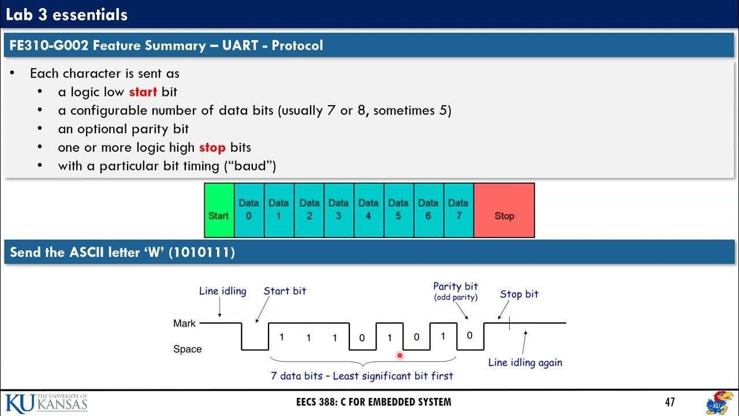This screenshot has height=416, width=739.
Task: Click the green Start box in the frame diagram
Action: (x=219, y=210)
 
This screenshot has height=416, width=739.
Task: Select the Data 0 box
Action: (x=249, y=210)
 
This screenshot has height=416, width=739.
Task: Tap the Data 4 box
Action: (x=368, y=210)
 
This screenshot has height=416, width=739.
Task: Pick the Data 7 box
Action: (x=458, y=210)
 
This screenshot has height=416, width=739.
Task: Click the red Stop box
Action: (x=504, y=210)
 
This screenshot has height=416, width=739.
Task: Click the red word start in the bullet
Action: (x=143, y=92)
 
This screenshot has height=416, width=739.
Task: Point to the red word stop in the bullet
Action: (x=212, y=147)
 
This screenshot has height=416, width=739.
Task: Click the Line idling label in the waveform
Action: (x=222, y=291)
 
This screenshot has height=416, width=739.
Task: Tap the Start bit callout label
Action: (x=285, y=291)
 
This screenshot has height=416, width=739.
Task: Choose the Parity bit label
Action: (x=456, y=287)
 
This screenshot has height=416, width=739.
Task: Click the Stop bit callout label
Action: (x=519, y=294)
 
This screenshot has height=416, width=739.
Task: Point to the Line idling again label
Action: (x=525, y=363)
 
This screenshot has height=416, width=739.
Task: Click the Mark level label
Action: (x=184, y=324)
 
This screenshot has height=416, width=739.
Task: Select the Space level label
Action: (x=187, y=349)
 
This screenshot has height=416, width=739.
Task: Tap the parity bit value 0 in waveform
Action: (x=469, y=336)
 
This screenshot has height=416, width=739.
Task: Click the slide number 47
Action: (x=669, y=402)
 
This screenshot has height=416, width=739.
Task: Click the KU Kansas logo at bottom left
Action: (x=46, y=402)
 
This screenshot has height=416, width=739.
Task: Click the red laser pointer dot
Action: (x=400, y=356)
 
